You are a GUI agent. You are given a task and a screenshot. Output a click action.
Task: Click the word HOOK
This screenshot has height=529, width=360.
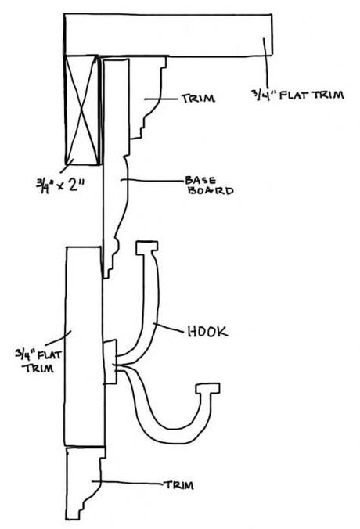207,332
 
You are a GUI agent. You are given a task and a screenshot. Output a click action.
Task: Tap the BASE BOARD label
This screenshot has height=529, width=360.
209,185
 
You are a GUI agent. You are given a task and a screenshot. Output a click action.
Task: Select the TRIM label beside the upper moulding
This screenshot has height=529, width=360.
198,98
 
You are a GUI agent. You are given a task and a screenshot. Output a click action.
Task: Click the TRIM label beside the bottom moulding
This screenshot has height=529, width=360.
178,485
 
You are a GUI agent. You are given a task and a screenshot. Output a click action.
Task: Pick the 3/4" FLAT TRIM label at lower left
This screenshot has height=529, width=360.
38,361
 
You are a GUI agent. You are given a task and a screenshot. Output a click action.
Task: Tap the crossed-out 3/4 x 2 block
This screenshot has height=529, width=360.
81,110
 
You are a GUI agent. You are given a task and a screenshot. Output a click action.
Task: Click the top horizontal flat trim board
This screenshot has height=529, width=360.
168,34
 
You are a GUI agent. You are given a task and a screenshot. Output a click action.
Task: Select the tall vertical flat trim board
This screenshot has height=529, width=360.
84,347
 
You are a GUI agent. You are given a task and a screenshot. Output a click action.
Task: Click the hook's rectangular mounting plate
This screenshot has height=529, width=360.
110,362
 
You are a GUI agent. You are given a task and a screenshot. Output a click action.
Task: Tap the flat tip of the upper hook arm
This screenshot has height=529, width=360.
147,247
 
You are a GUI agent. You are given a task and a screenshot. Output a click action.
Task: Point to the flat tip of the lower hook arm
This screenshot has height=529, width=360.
208,388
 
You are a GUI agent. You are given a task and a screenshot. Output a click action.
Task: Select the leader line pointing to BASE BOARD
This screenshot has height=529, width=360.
153,180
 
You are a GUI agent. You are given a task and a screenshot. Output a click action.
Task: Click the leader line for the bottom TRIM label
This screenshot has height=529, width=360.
128,482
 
